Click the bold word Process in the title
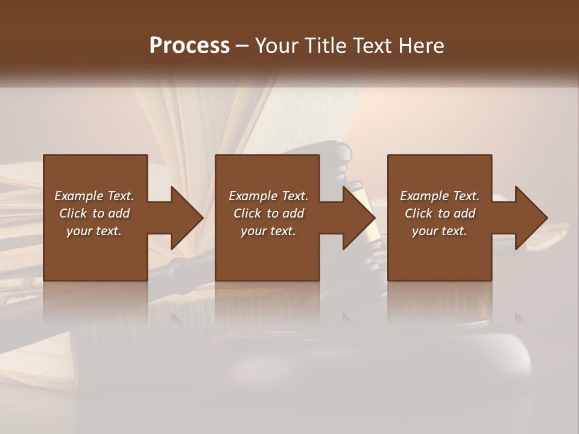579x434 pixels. pyautogui.click(x=189, y=46)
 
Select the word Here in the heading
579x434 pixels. pyautogui.click(x=422, y=46)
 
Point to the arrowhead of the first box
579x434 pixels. pyautogui.click(x=186, y=218)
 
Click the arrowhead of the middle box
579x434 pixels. pyautogui.click(x=359, y=218)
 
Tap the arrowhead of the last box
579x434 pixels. pyautogui.click(x=531, y=218)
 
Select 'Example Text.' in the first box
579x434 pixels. pyautogui.click(x=94, y=196)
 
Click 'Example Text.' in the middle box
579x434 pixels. pyautogui.click(x=268, y=196)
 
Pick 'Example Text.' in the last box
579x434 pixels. pyautogui.click(x=440, y=196)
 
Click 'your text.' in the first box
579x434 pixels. pyautogui.click(x=94, y=231)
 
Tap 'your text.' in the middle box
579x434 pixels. pyautogui.click(x=268, y=231)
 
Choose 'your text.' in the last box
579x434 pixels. pyautogui.click(x=440, y=231)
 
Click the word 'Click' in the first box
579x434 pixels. pyautogui.click(x=73, y=213)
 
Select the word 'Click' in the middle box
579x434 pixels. pyautogui.click(x=247, y=213)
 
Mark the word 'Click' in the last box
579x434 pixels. pyautogui.click(x=419, y=213)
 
